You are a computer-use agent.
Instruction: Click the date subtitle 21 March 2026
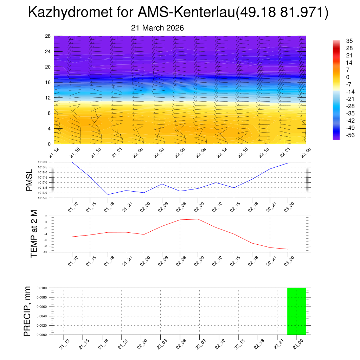[x=157, y=28]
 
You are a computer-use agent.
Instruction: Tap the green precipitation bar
[x=296, y=311]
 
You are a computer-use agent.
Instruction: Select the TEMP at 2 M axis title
[x=34, y=233]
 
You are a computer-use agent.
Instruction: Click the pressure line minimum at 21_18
[x=108, y=194]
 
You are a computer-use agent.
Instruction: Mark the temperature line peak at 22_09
[x=198, y=219]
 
